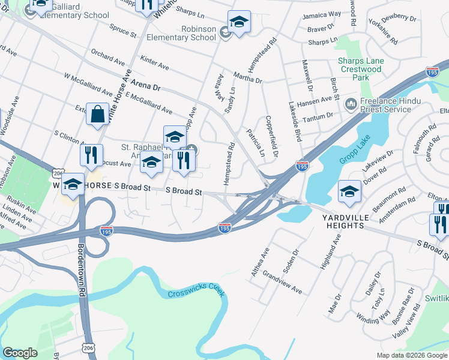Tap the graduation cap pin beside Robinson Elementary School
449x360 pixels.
click(239, 22)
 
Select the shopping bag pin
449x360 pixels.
click(97, 114)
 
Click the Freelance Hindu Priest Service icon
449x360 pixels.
click(351, 105)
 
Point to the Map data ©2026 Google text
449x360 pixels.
click(411, 355)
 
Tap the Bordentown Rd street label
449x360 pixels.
click(80, 269)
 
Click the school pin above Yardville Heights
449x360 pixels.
click(349, 192)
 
